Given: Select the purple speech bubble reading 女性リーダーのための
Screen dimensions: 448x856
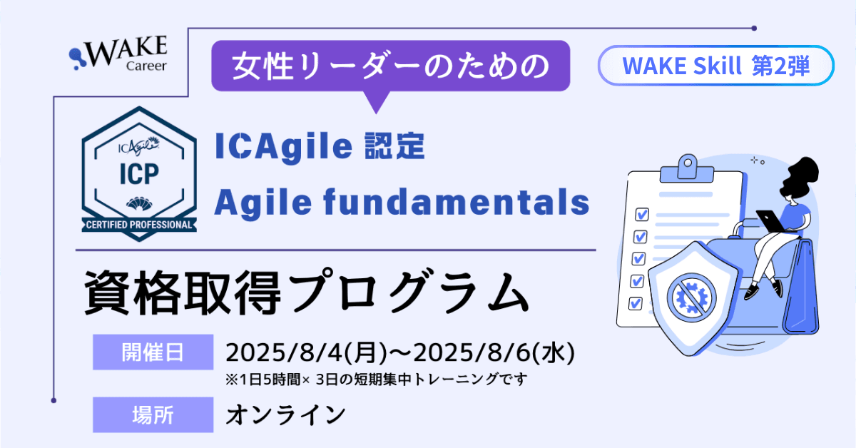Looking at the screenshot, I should tap(391, 66).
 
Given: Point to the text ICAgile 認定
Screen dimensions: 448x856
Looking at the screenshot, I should tap(320, 148).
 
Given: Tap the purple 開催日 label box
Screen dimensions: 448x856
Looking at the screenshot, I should tap(153, 352).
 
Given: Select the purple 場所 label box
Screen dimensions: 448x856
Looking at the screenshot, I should tap(153, 414).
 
